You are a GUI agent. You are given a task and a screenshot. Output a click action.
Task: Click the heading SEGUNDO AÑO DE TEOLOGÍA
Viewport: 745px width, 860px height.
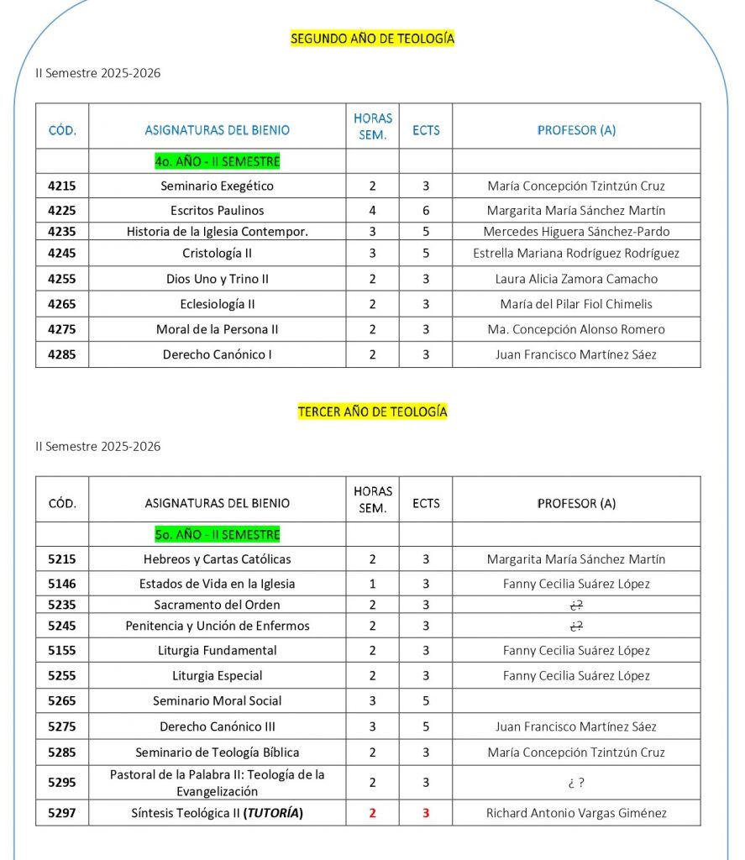tap(372, 39)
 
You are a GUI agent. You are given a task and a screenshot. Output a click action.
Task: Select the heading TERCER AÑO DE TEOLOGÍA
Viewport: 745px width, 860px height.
tap(372, 412)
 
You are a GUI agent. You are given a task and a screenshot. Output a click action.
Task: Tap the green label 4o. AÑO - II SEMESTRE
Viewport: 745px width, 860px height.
tap(217, 161)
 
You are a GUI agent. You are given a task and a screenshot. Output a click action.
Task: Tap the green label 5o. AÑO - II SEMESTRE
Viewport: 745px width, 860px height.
tap(217, 534)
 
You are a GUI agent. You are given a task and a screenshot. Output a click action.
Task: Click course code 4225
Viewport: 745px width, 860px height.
tap(62, 211)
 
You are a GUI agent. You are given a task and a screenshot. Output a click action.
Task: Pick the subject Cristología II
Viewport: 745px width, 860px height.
tap(217, 253)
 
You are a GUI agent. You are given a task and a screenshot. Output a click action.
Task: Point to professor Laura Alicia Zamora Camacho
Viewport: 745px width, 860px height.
tap(576, 279)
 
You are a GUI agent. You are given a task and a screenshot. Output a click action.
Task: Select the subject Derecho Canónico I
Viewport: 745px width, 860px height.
tap(217, 354)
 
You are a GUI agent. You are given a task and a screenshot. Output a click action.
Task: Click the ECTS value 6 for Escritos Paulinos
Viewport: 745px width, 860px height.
tap(426, 211)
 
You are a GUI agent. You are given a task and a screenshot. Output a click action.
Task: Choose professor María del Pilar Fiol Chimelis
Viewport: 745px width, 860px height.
tap(576, 304)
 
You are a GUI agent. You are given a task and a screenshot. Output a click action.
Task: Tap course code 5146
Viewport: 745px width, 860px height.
tap(62, 584)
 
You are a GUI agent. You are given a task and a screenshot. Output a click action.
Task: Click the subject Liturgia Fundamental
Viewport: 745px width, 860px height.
tap(217, 650)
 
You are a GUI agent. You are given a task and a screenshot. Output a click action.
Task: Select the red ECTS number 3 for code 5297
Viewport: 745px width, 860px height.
tap(426, 813)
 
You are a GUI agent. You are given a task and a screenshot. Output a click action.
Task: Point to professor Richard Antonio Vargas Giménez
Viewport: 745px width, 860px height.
tap(576, 813)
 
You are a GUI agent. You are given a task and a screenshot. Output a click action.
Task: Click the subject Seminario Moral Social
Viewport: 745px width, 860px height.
tap(217, 700)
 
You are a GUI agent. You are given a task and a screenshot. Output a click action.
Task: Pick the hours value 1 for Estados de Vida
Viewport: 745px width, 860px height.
tap(372, 584)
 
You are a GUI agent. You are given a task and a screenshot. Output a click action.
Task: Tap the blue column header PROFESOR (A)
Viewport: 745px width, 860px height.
tap(576, 130)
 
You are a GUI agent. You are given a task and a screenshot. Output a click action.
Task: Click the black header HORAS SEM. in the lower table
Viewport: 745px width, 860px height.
tap(372, 500)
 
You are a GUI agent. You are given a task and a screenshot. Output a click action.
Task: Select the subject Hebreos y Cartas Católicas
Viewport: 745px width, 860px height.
tap(217, 559)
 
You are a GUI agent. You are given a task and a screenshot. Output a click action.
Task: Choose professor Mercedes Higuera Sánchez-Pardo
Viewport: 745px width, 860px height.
tap(576, 232)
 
